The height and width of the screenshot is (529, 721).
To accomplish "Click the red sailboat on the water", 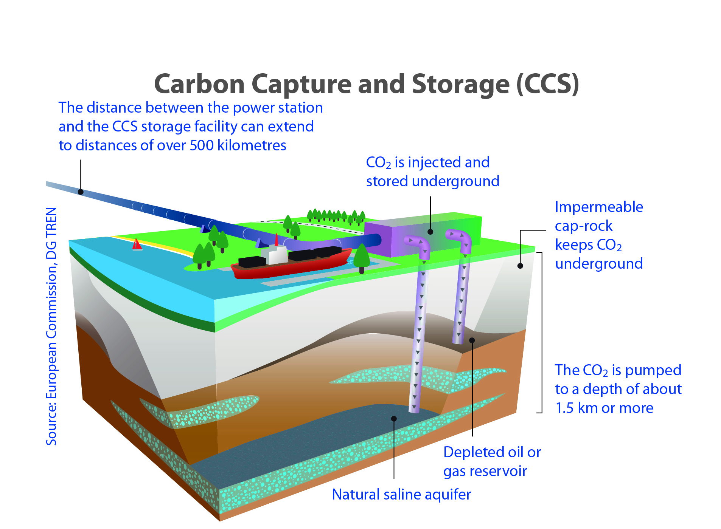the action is pos(137,244).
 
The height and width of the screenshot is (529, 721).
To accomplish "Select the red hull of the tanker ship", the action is pos(291,264).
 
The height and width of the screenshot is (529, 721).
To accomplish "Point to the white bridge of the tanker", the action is pos(277,254).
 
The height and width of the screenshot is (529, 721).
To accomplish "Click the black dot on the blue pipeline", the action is pos(81,192).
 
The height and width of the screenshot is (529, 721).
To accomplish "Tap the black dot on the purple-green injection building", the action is pos(430,232).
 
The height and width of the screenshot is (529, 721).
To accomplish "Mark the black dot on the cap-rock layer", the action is pos(520,266).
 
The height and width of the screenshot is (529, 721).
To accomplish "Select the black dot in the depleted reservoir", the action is pos(472,340).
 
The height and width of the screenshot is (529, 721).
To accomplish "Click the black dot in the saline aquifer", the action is pos(394,419).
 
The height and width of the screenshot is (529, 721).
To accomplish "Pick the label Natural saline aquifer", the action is pos(401,495).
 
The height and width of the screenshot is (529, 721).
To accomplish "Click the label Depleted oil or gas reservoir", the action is pos(492,462).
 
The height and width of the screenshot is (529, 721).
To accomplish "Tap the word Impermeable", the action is pos(599,207).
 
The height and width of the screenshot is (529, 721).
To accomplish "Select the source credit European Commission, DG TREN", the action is pos(51,326).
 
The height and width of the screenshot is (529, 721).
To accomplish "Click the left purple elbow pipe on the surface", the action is pos(418,246).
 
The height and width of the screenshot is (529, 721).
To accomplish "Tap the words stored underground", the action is pos(433,181).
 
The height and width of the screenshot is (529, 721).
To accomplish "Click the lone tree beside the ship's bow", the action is pos(362,258).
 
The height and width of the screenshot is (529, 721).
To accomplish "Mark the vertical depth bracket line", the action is pos(542,333).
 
